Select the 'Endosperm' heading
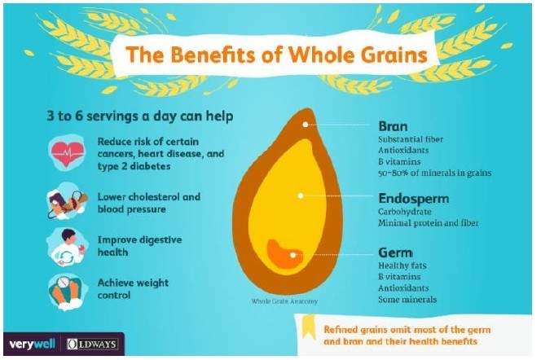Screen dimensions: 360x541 (x=413, y=198)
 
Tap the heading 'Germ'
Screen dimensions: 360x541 (x=396, y=252)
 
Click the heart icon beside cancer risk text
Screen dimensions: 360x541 (x=67, y=153)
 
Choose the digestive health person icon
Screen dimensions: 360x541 (x=67, y=247)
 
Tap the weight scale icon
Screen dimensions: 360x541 (x=67, y=289)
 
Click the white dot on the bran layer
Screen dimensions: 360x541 (x=306, y=125)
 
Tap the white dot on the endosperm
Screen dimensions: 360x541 (x=301, y=195)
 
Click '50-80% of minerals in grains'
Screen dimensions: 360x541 (x=435, y=173)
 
